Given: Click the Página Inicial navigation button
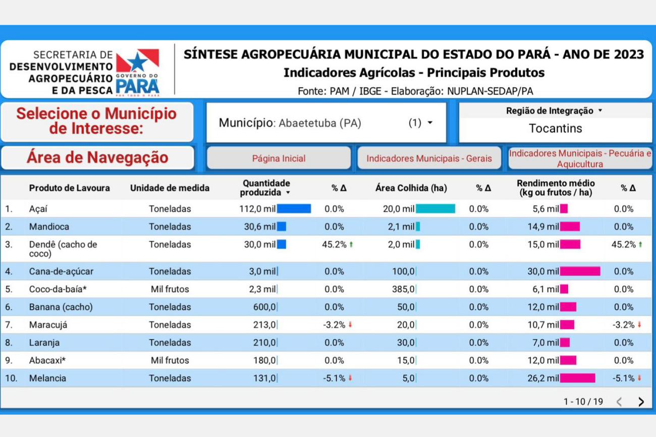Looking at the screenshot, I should tap(279, 158).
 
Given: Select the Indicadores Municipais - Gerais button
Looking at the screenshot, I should tap(429, 158).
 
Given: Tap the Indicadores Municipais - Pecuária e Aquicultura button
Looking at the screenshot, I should tap(580, 158).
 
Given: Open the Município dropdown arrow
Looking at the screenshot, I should tap(430, 123).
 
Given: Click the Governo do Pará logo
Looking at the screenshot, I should tap(137, 72).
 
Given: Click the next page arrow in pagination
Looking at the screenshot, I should tap(641, 402).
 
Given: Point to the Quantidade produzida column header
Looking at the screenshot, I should tap(266, 188).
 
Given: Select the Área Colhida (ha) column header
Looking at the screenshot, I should tap(411, 188).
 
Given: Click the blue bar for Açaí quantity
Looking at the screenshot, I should tap(294, 209).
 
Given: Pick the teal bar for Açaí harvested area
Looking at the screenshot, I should tap(435, 209).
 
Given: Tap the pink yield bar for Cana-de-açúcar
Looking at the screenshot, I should tap(580, 271).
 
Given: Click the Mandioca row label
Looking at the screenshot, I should tap(49, 227).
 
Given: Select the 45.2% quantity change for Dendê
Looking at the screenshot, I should tap(335, 245).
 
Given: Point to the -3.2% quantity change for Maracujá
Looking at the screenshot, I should tap(335, 325).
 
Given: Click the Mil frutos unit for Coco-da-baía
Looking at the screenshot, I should tap(170, 289).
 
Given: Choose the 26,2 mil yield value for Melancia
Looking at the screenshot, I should tap(543, 378).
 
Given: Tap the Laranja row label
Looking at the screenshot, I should tap(44, 343).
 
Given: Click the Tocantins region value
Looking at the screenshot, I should tap(555, 129).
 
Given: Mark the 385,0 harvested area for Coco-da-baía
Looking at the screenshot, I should tap(403, 289).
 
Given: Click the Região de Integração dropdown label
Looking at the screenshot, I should tap(554, 111).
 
